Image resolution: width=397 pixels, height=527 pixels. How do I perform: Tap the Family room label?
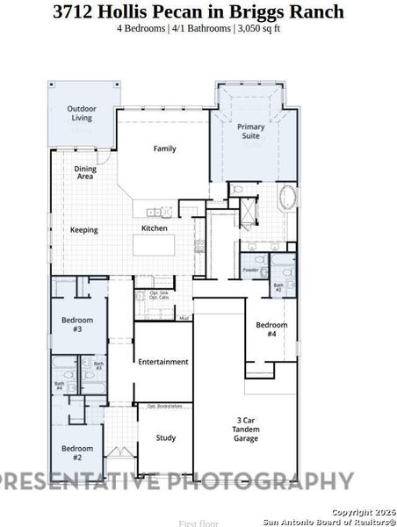[x=164, y=148]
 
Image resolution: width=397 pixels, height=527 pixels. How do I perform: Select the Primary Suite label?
[x=250, y=132]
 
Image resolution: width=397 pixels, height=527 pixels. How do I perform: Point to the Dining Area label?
[x=84, y=172]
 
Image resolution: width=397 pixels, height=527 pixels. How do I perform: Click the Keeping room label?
[x=83, y=230]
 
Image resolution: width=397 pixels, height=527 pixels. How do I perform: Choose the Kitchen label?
[x=155, y=228]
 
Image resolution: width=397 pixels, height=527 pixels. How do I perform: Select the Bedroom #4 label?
[x=271, y=329]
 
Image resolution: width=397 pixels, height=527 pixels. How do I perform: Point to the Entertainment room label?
[x=162, y=362]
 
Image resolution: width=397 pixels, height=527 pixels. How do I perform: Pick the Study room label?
[x=166, y=437]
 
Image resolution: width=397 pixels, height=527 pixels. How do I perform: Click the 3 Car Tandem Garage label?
[x=245, y=429]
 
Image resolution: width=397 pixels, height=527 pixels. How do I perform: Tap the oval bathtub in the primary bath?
[x=287, y=198]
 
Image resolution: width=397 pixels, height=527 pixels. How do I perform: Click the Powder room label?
[x=250, y=270]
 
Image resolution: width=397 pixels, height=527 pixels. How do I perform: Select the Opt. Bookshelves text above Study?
[x=163, y=407]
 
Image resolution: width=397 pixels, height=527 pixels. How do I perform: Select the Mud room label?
[x=184, y=317]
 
